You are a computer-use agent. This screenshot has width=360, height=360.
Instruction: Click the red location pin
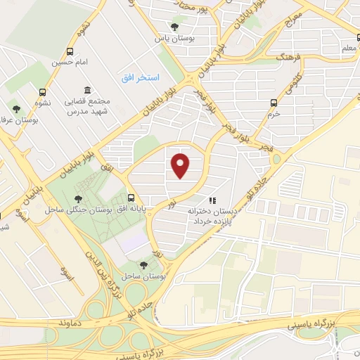point(181,165)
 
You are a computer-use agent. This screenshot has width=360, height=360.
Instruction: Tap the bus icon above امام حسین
point(70,51)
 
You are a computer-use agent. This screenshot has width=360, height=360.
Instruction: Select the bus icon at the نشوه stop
point(43,92)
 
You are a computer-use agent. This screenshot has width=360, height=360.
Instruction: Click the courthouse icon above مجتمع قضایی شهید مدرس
point(87,91)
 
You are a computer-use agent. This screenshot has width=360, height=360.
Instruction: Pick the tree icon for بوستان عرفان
point(16,108)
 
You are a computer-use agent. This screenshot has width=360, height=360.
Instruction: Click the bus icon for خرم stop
point(274,103)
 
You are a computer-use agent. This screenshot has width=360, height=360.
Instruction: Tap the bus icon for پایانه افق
point(131,198)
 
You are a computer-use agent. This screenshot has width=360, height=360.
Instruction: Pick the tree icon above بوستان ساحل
point(143,264)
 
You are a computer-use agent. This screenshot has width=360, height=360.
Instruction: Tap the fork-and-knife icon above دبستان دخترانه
point(213,200)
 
